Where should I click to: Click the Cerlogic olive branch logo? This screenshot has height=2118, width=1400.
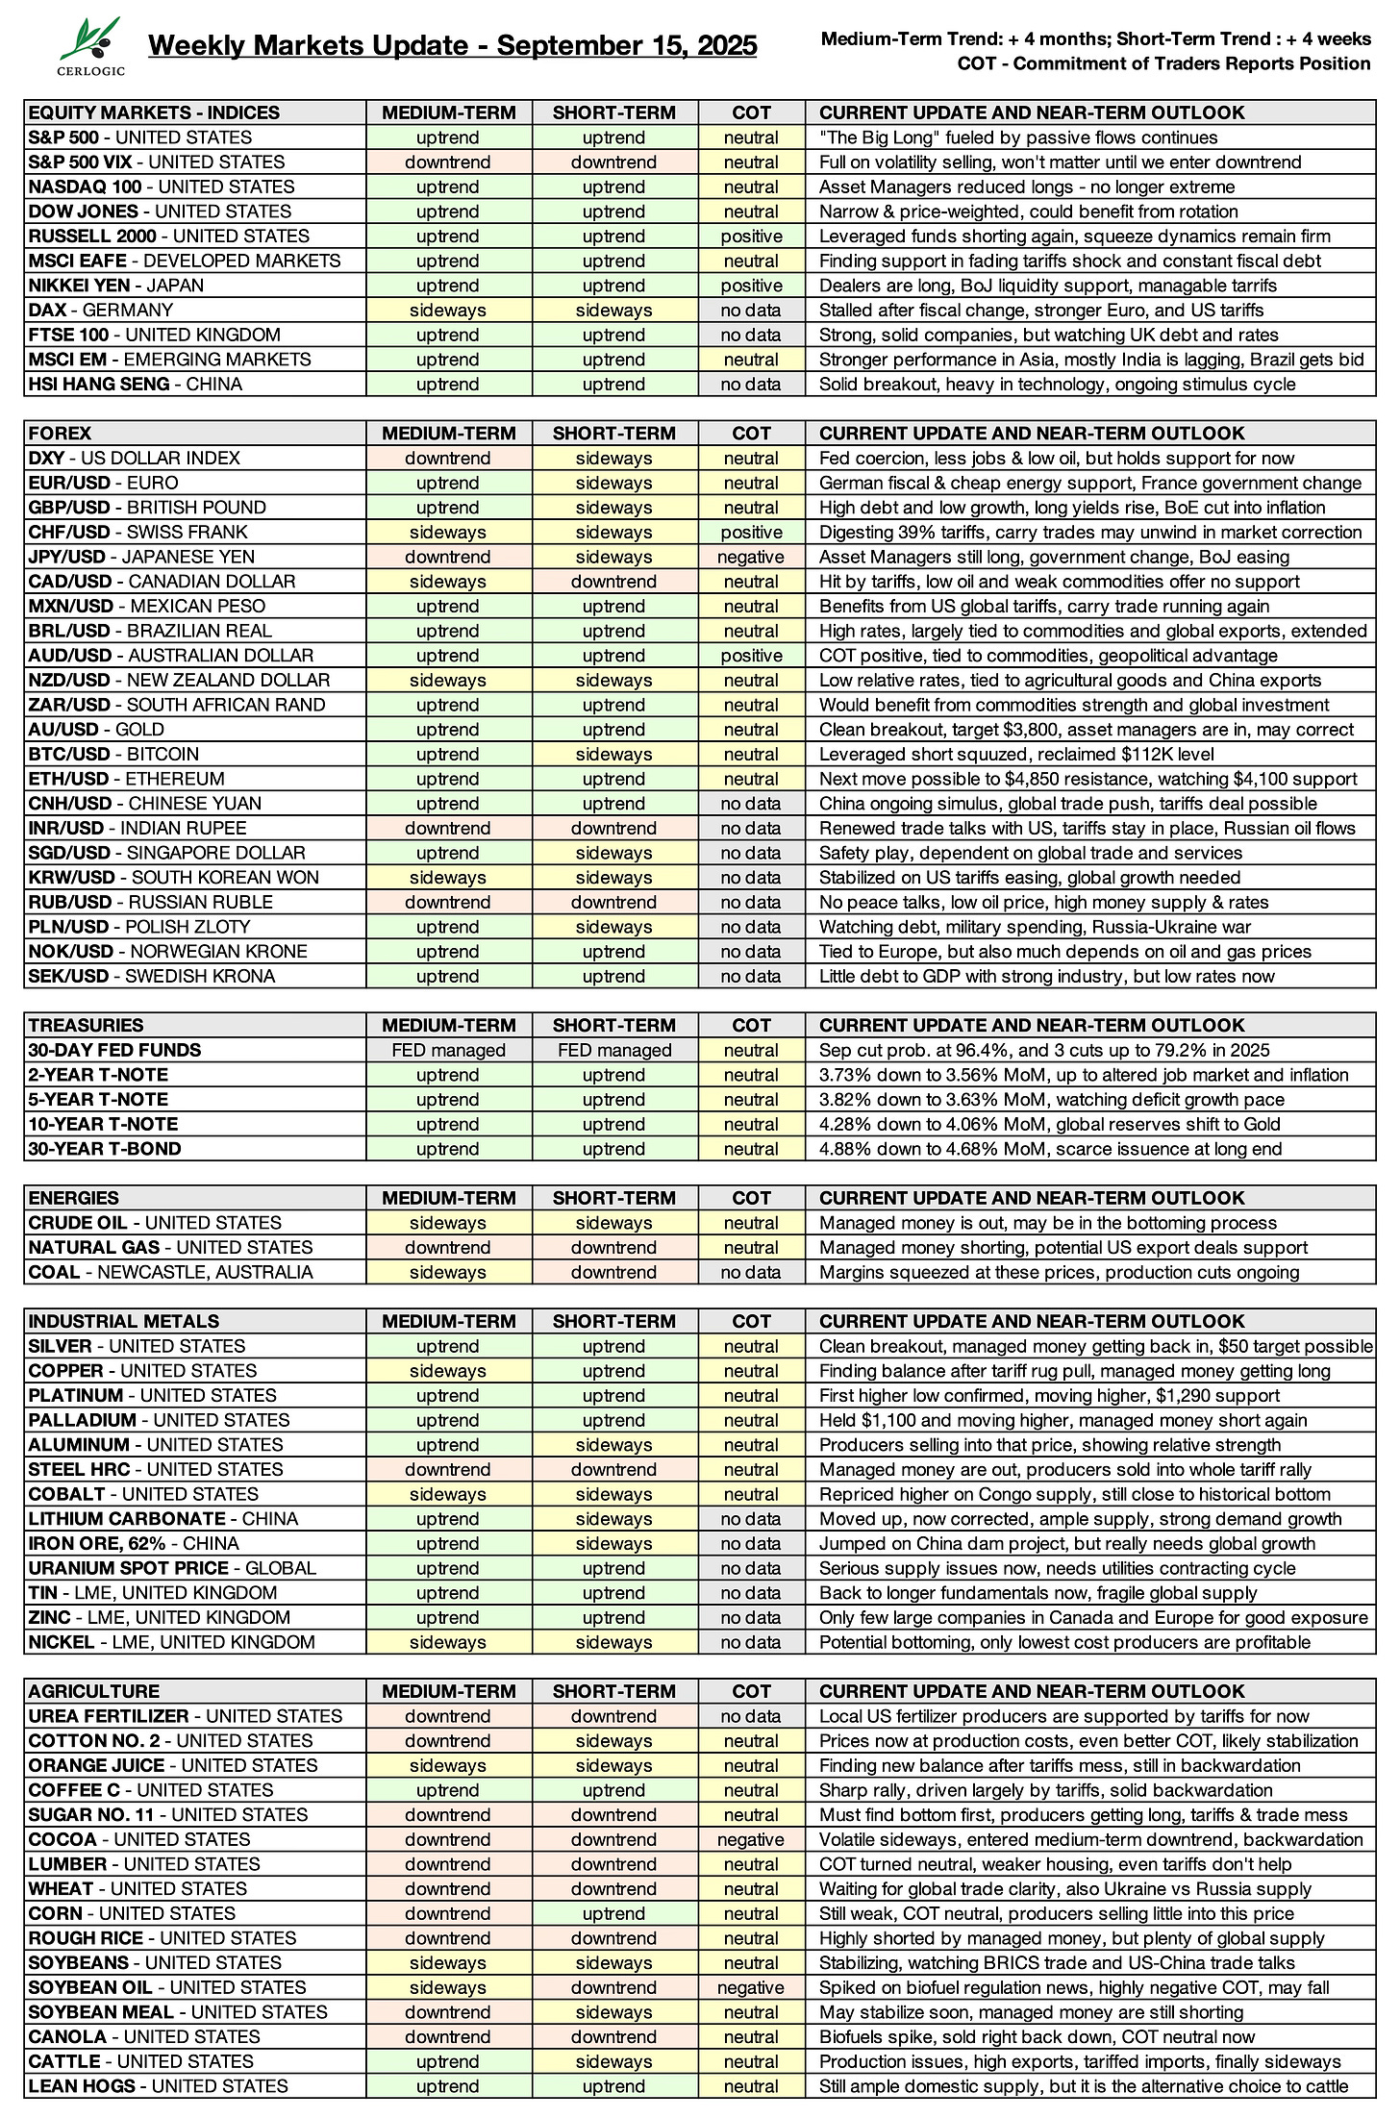point(90,45)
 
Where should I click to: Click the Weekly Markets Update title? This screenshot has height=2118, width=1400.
point(452,45)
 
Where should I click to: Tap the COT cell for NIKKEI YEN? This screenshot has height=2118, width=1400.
point(751,286)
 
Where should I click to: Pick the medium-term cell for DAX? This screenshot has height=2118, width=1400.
point(448,311)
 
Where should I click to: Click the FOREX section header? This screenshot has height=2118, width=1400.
point(60,434)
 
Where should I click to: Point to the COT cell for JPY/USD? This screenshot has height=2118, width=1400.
point(751,558)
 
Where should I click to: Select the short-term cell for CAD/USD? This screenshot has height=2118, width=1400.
point(613,582)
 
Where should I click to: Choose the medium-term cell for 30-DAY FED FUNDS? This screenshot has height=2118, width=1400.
point(448,1051)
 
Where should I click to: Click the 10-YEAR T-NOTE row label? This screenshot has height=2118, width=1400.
point(103,1125)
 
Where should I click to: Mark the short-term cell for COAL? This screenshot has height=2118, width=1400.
point(613,1273)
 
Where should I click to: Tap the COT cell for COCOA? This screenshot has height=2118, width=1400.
point(751,1840)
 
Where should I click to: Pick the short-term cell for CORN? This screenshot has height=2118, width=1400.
point(613,1914)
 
